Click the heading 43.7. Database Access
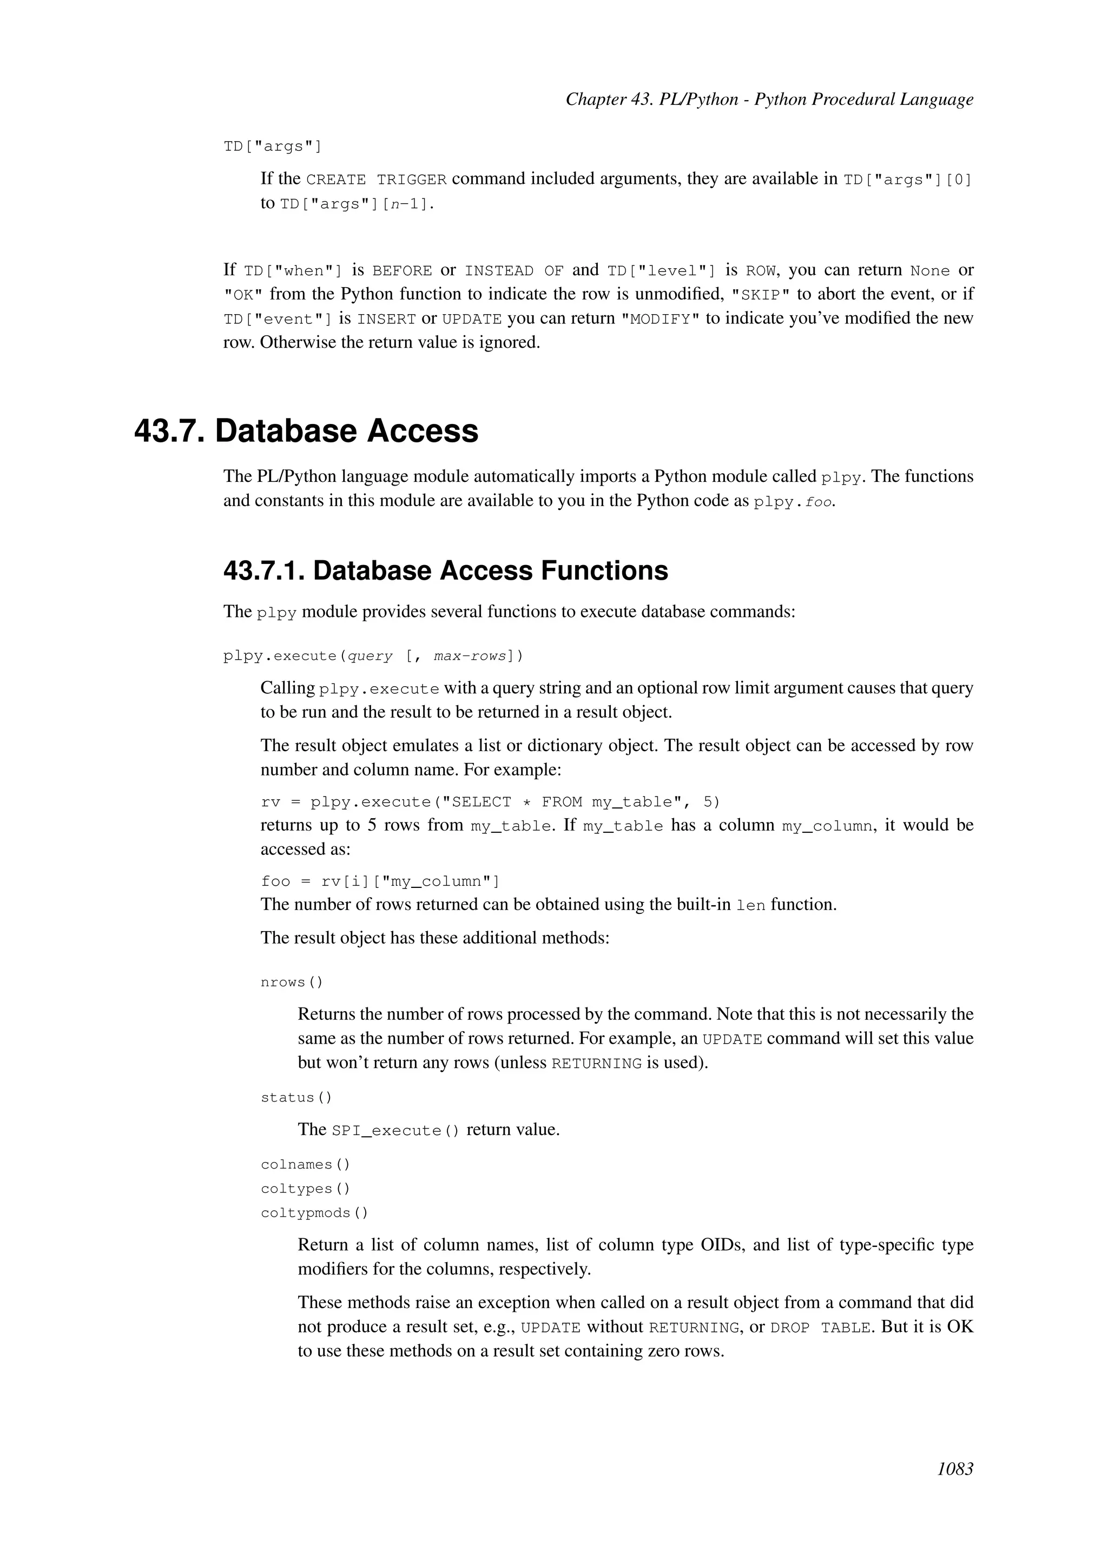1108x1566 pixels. point(306,431)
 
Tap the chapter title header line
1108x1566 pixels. point(769,99)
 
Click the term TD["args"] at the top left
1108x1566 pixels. point(272,147)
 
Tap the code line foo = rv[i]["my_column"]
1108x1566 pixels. point(380,881)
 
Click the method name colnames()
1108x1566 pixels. point(305,1164)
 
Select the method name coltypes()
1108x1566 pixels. point(305,1189)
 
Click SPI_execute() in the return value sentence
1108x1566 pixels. point(395,1131)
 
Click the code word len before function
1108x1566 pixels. point(750,906)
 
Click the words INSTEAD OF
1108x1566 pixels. point(514,271)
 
